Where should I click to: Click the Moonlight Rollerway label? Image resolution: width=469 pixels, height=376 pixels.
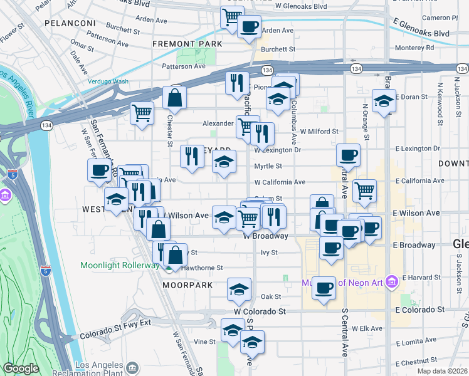pyautogui.click(x=119, y=265)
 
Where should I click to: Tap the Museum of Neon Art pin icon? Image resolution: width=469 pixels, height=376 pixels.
pyautogui.click(x=393, y=282)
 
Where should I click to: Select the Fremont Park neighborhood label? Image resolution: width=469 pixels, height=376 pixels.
pyautogui.click(x=187, y=44)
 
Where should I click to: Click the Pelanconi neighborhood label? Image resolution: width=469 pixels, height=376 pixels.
pyautogui.click(x=70, y=23)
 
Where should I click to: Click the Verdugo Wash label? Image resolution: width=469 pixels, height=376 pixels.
pyautogui.click(x=108, y=81)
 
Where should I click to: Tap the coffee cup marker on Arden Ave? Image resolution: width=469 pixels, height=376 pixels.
pyautogui.click(x=249, y=27)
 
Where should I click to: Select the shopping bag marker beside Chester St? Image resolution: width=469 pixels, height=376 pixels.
pyautogui.click(x=174, y=98)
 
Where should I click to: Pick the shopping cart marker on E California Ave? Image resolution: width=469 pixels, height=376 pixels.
pyautogui.click(x=364, y=190)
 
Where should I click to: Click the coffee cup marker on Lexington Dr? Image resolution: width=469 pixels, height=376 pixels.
pyautogui.click(x=348, y=154)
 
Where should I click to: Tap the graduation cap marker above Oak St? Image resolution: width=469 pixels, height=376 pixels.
pyautogui.click(x=238, y=289)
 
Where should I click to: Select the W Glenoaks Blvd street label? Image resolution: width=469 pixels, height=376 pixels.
pyautogui.click(x=301, y=6)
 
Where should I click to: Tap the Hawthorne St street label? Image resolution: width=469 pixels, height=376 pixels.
pyautogui.click(x=202, y=268)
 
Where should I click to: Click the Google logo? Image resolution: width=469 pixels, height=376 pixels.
pyautogui.click(x=21, y=368)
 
